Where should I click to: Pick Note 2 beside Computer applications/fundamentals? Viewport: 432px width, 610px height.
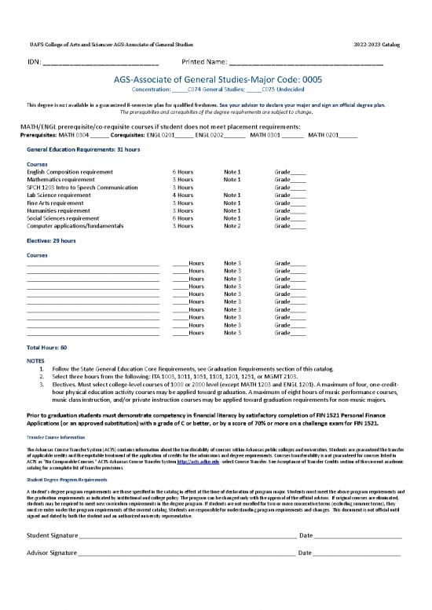(232, 226)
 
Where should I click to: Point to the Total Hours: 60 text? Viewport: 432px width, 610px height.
(46, 347)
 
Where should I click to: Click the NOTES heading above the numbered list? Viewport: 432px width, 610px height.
(35, 360)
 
